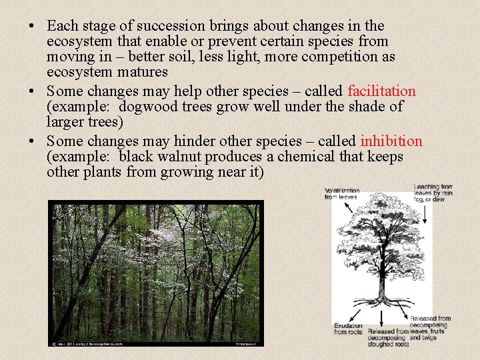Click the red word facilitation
click(381, 91)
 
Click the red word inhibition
click(391, 141)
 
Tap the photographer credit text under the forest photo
click(86, 344)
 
